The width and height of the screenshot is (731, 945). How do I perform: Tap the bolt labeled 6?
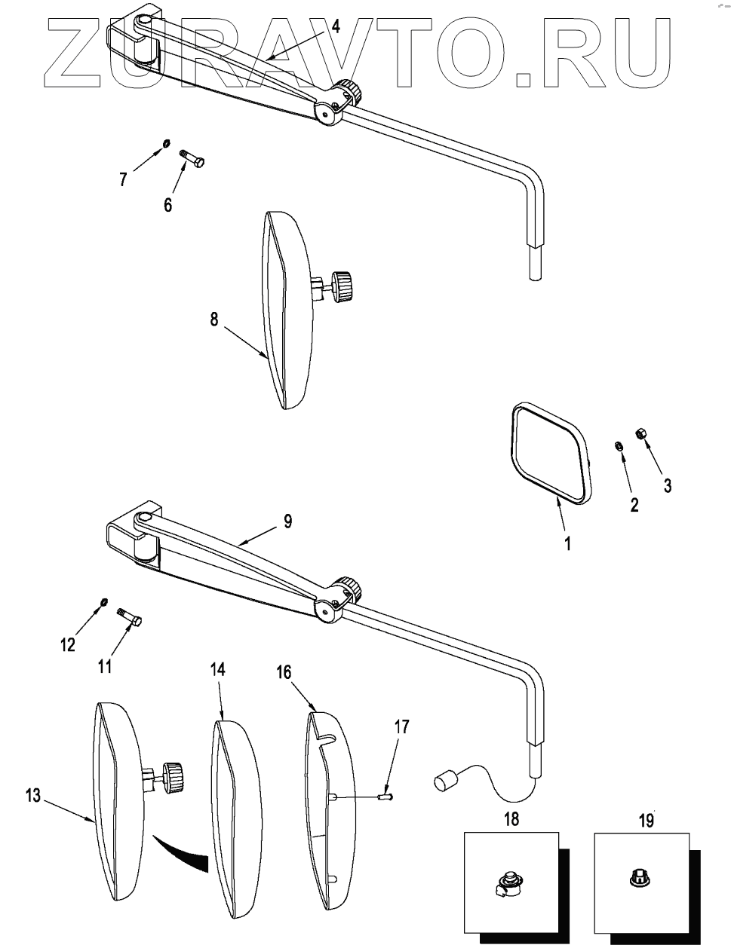194,159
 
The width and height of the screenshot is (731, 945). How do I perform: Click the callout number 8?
214,319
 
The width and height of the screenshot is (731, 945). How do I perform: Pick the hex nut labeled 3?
639,433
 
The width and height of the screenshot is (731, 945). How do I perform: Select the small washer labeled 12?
104,601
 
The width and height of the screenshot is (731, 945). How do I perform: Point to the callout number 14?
217,668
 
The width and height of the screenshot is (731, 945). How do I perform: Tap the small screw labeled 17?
387,794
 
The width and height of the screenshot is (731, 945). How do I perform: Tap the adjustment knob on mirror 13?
174,773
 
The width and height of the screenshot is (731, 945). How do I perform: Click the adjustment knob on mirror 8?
343,286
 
